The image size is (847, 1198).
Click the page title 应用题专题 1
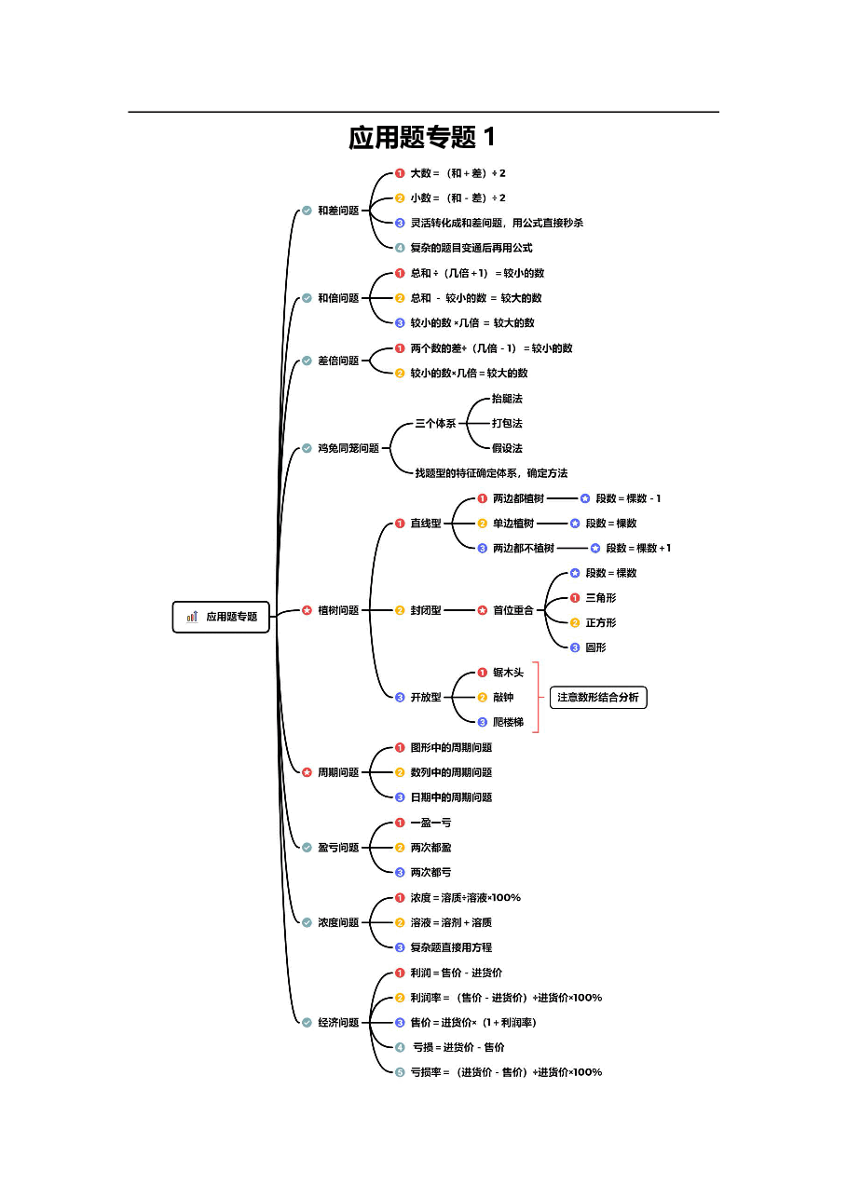pos(421,137)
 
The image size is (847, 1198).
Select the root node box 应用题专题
pos(221,617)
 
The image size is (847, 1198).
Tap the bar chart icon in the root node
pos(192,617)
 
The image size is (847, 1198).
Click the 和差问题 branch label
pos(338,211)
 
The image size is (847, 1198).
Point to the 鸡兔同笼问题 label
pos(348,448)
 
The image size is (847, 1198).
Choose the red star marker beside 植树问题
pos(307,610)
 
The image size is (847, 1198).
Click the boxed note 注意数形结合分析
pos(598,698)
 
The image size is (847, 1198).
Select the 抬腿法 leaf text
pos(507,399)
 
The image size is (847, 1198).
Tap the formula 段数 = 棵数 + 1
pos(637,548)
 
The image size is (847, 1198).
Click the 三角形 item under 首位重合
pos(601,598)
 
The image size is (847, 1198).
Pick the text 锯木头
pos(509,673)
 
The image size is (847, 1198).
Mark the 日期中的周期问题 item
pos(451,797)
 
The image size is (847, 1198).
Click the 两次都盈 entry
pos(430,848)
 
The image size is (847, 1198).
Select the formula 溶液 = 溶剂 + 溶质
pos(451,922)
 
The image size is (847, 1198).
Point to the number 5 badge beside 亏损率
pos(400,1072)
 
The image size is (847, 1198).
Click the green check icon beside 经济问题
pos(307,1023)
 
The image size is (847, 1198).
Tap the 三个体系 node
pos(435,424)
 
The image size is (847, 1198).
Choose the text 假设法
pos(507,448)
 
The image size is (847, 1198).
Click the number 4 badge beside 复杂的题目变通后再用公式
pos(400,248)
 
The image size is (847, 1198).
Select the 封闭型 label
pos(426,610)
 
